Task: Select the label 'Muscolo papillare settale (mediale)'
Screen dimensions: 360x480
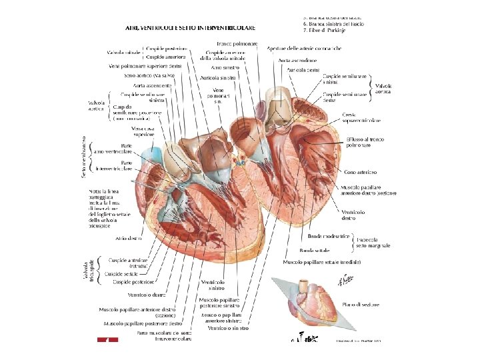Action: [322, 263]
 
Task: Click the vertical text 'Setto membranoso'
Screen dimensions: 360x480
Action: [85, 157]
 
